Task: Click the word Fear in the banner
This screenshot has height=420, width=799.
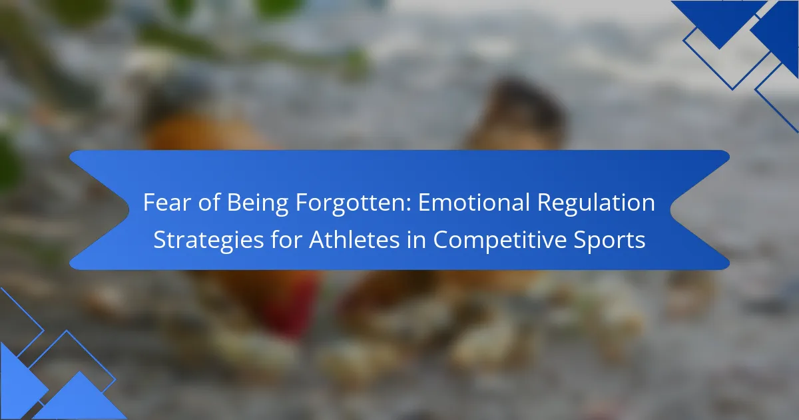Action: click(x=167, y=202)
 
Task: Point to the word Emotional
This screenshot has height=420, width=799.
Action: click(x=473, y=202)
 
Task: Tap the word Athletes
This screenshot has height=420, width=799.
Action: click(x=354, y=239)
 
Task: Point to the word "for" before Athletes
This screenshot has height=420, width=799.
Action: click(x=286, y=239)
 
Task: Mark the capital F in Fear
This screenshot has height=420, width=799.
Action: click(x=149, y=202)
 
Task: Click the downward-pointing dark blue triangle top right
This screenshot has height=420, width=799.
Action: click(x=719, y=21)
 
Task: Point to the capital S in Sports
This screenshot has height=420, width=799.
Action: click(x=580, y=239)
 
